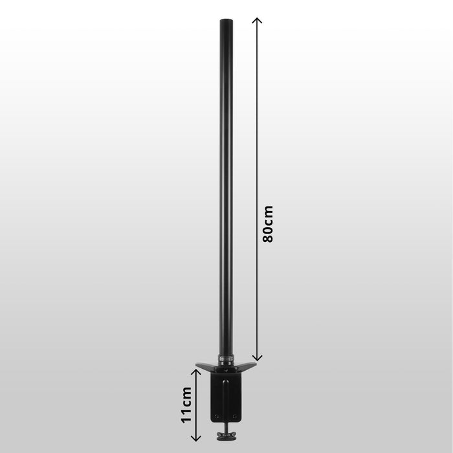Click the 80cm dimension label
click(x=268, y=224)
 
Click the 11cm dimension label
click(x=186, y=404)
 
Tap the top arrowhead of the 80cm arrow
click(x=257, y=20)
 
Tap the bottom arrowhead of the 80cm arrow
click(x=257, y=358)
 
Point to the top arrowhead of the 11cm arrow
click(x=198, y=370)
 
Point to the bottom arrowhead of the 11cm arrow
click(x=198, y=439)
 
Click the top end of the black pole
click(x=226, y=21)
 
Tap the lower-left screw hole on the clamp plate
click(x=217, y=416)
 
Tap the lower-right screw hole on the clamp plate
click(x=236, y=416)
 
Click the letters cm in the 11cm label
click(x=186, y=395)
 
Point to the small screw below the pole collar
click(x=226, y=371)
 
